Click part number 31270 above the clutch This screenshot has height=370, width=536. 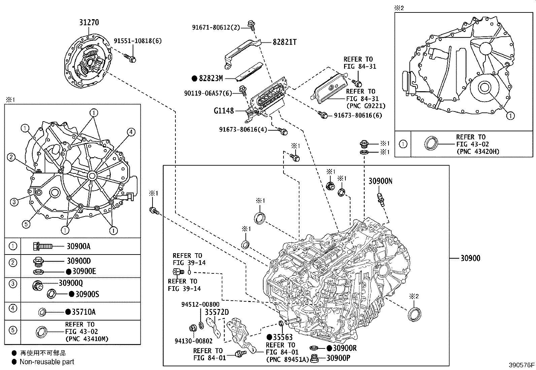click(x=89, y=23)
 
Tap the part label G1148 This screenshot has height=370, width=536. click(x=224, y=110)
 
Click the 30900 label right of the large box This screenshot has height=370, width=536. click(x=470, y=258)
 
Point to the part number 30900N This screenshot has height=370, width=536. click(x=380, y=181)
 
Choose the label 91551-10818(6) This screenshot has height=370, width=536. click(x=137, y=41)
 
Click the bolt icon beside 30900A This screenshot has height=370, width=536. click(x=42, y=246)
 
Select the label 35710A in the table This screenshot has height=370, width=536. click(x=83, y=312)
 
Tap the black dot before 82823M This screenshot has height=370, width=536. click(x=194, y=78)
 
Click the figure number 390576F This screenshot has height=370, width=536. click(x=521, y=365)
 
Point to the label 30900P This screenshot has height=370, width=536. click(x=338, y=358)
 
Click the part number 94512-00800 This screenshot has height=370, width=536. click(x=200, y=304)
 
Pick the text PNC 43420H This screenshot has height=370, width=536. click(x=478, y=152)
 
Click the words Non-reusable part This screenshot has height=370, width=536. click(x=47, y=362)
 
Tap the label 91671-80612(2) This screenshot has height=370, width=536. click(x=216, y=27)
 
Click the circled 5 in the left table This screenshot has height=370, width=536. click(x=12, y=330)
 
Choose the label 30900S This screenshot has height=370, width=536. click(x=87, y=294)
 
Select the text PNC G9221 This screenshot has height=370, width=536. click(x=366, y=106)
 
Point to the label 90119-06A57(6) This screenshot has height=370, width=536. click(x=208, y=93)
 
